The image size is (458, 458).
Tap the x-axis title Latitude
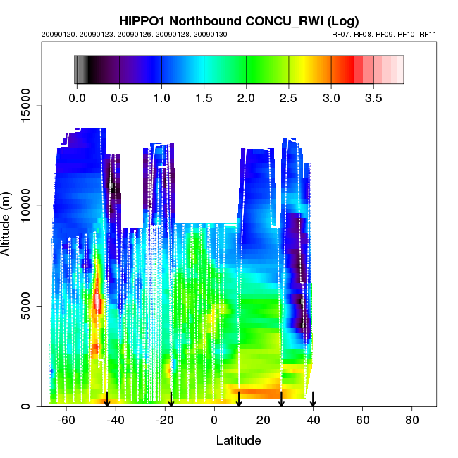[x=238, y=440]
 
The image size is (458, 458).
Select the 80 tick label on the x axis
[x=412, y=421]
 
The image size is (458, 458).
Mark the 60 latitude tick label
[x=363, y=421]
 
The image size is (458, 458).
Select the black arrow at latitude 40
[x=313, y=400]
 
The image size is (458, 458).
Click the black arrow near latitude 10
[x=239, y=400]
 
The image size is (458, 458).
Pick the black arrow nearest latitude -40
[x=107, y=400]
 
